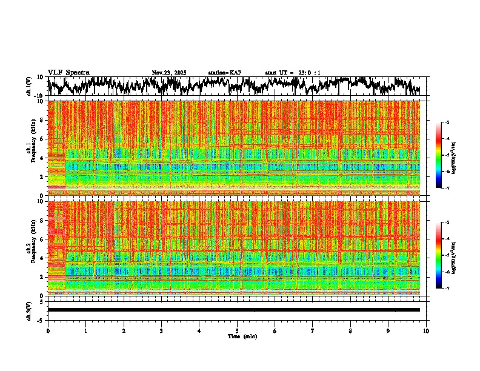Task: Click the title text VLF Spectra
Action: pos(68,73)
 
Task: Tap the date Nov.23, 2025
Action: pos(169,73)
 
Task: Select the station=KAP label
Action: pos(225,73)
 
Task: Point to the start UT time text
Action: pos(293,73)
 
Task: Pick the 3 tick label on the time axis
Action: pos(161,330)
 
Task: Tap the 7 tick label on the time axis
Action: pos(313,330)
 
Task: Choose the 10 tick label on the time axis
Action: pos(426,330)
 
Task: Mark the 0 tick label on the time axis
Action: pos(48,330)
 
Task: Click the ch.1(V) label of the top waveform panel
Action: pos(29,87)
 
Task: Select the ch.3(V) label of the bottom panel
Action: pos(29,310)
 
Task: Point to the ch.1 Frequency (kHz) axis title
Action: pos(32,149)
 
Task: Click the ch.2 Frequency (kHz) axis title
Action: pos(32,249)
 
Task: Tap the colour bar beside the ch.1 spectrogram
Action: pos(443,155)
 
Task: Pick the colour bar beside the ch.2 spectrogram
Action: pos(443,255)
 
